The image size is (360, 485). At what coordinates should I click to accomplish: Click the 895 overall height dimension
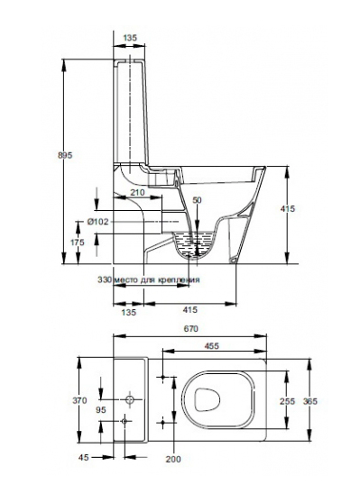coord(65,155)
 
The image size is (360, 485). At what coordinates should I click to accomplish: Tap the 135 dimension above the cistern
coord(130,38)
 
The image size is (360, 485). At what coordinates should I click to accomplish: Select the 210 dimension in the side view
coord(137,192)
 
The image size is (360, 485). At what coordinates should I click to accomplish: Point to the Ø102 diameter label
coord(97,222)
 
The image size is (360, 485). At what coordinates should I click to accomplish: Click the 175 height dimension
coord(77,242)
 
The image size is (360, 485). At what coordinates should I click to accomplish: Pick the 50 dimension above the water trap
coord(197,200)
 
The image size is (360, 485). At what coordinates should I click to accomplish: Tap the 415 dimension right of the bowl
coord(288,209)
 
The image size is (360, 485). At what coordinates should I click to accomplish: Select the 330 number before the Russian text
coord(105,279)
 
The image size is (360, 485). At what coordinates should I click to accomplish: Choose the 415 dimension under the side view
coord(189,309)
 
